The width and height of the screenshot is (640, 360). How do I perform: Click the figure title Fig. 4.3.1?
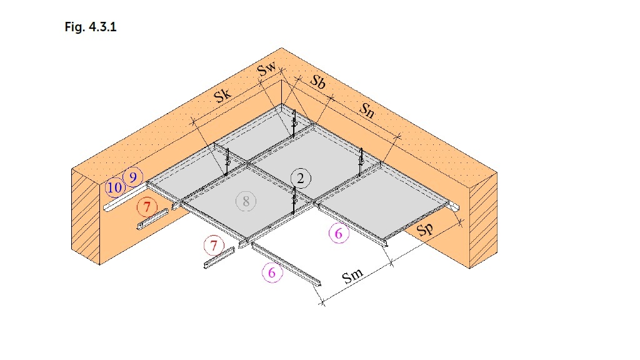[91, 27]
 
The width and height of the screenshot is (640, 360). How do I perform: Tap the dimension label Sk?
[223, 96]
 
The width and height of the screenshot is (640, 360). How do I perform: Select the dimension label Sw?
[266, 69]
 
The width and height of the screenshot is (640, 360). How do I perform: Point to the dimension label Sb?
[318, 82]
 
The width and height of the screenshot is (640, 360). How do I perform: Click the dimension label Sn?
[366, 110]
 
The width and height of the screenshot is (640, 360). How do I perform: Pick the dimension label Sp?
[425, 229]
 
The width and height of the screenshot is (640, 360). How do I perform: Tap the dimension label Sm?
[352, 276]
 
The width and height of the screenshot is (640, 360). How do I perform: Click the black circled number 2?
[301, 178]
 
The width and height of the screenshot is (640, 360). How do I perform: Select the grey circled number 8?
[246, 201]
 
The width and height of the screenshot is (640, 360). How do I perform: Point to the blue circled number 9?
[132, 177]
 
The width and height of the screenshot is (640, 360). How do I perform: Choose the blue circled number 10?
[115, 187]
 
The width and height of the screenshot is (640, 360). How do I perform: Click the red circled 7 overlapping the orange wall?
[147, 207]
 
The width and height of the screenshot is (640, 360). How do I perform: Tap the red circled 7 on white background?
[214, 245]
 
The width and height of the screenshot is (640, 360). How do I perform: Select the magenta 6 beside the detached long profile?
[272, 272]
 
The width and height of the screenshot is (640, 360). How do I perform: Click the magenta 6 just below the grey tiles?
[339, 234]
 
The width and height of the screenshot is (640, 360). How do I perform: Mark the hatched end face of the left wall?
[86, 216]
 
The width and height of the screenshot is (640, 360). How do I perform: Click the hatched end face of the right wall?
[483, 221]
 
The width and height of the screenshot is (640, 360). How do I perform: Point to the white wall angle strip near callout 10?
[125, 197]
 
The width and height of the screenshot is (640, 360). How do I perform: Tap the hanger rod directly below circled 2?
[294, 201]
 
